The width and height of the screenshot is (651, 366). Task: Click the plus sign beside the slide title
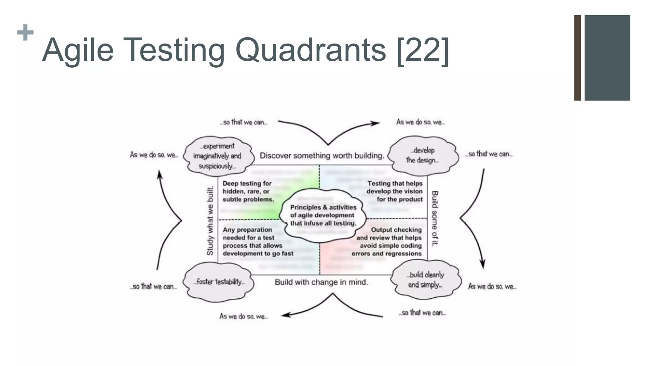[25, 32]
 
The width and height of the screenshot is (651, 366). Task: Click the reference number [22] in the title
[422, 50]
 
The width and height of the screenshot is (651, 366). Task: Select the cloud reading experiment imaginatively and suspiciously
[218, 156]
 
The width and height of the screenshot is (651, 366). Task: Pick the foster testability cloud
[219, 282]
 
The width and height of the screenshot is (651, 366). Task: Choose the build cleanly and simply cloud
[425, 280]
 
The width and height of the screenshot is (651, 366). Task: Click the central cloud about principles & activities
[323, 215]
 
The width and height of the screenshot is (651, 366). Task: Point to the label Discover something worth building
[322, 156]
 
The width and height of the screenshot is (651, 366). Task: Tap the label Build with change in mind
[321, 282]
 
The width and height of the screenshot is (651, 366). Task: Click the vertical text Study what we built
[210, 220]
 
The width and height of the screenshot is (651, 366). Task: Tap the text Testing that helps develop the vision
[394, 192]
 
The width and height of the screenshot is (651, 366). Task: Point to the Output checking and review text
[387, 242]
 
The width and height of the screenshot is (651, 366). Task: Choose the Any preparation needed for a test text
[257, 242]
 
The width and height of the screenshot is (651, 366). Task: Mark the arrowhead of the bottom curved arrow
[285, 315]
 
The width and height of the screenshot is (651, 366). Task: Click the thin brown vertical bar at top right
[577, 58]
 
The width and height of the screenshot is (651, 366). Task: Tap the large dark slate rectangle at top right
[607, 58]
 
